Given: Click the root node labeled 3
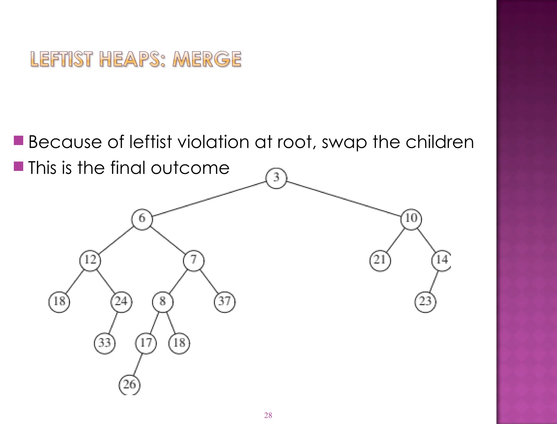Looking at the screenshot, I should (276, 178).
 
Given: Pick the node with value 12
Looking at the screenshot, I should (90, 260).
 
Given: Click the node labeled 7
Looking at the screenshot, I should (194, 260).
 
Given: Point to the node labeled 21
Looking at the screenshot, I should (380, 260).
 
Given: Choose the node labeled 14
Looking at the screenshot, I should (441, 260).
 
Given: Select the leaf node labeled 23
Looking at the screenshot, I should (425, 302).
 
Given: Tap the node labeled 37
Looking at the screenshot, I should (225, 302).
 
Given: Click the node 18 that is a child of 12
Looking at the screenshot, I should (59, 302).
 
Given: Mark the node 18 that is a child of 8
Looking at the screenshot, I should (179, 343).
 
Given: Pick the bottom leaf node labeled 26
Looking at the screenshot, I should (129, 385).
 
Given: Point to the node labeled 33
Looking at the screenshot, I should (105, 343).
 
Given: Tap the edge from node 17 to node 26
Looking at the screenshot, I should (138, 364).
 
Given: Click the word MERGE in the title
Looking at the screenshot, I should (207, 59).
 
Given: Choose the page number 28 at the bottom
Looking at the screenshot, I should (268, 415).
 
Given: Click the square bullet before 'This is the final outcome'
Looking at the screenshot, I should (18, 166).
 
